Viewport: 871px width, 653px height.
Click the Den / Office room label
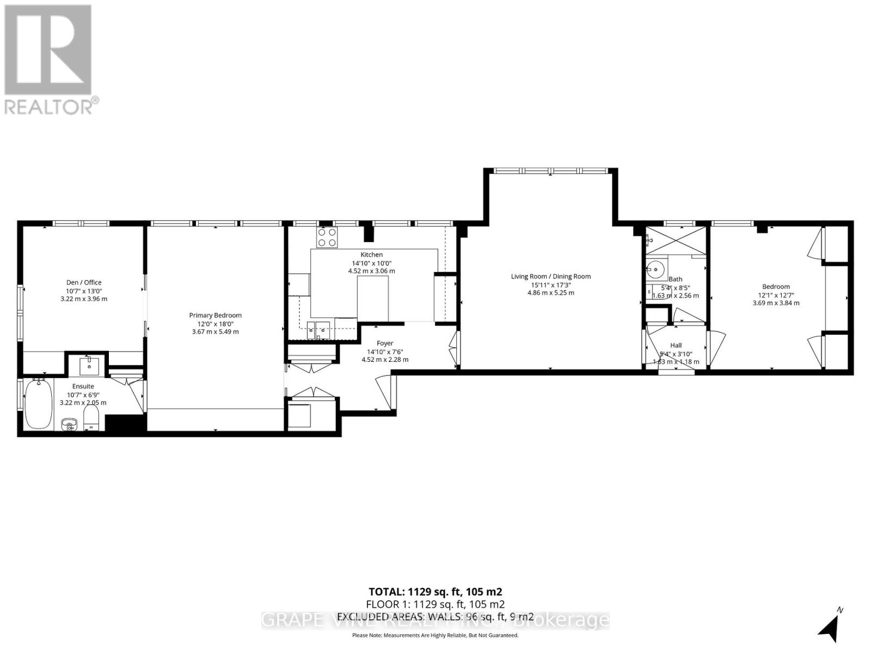click(83, 282)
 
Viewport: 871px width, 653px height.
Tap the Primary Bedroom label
click(215, 316)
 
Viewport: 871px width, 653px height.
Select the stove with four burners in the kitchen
click(327, 237)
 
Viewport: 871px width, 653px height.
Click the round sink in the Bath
click(657, 269)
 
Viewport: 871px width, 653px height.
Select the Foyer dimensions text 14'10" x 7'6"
click(385, 352)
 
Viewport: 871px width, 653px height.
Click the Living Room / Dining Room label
click(550, 276)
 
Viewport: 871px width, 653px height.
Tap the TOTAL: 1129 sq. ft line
click(435, 592)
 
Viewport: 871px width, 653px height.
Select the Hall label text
click(676, 345)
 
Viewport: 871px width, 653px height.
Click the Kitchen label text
click(371, 255)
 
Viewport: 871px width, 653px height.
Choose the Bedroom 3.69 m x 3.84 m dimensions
click(776, 303)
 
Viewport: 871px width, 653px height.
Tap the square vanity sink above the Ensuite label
click(88, 366)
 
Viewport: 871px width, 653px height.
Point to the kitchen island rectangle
click(373, 299)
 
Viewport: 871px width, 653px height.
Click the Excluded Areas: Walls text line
click(435, 617)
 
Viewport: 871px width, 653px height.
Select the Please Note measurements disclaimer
click(435, 635)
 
